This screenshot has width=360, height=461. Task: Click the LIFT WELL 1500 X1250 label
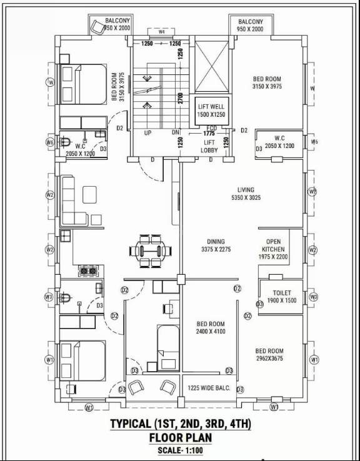coord(210,110)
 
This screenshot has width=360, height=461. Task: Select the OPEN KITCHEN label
coord(273,249)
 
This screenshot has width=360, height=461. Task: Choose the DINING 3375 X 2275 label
coord(216,245)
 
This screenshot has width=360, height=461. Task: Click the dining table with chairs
coord(153,250)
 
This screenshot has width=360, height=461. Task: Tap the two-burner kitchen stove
coord(87,271)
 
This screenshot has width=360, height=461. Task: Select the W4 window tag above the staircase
coord(161,31)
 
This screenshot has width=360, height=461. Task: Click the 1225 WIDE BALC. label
coord(209,389)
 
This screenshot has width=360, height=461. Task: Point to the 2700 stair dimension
coord(179,97)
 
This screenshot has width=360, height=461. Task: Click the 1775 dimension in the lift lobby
coord(209,133)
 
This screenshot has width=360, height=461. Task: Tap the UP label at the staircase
coord(148,133)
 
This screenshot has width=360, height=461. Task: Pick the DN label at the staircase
coord(176,133)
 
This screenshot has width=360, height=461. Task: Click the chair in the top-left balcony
coord(97,27)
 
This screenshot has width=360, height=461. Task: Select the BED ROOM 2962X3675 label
coord(269,355)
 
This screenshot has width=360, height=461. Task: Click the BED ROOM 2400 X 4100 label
coord(211,328)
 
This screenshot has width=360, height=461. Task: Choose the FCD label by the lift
coord(212,127)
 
